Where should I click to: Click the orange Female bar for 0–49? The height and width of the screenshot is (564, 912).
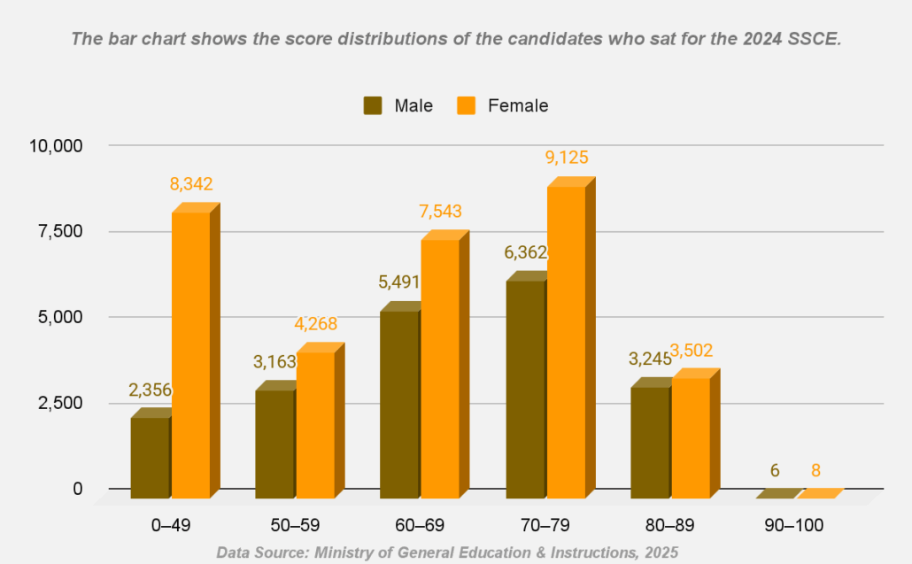[x=190, y=354]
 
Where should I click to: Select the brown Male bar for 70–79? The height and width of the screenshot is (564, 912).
[x=526, y=390]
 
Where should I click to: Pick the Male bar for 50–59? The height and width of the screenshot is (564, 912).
[x=274, y=443]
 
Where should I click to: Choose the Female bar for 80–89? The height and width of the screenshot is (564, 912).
[x=691, y=438]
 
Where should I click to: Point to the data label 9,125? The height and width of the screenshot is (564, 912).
[x=567, y=158]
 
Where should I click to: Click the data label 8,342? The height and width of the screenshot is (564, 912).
[x=191, y=184]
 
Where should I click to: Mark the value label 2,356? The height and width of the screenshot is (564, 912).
[x=151, y=390]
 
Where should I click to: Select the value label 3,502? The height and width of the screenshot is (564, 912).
[x=692, y=350]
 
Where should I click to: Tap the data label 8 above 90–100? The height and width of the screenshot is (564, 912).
[x=816, y=470]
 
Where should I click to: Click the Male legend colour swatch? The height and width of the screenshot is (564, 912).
[x=373, y=105]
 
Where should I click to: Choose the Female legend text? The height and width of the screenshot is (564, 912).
[x=518, y=105]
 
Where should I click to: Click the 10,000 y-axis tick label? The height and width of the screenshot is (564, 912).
[x=57, y=145]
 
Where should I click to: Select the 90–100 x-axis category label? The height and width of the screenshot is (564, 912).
[x=793, y=525]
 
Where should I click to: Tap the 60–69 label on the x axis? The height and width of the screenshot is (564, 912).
[x=419, y=525]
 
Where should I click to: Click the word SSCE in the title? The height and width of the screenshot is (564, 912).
[x=814, y=40]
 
